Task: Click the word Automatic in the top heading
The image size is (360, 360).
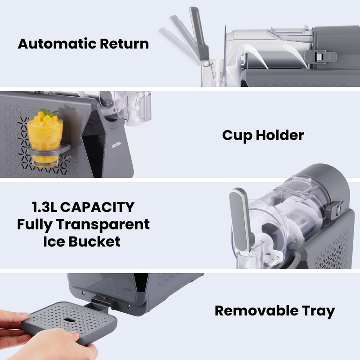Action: [x=57, y=44]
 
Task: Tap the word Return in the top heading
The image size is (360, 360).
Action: [x=125, y=44]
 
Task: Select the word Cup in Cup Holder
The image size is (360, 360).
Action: [x=237, y=135]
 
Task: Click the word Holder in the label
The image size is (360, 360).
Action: [x=280, y=135]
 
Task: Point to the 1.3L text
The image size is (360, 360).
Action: [x=45, y=207]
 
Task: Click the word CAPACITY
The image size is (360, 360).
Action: [x=97, y=207]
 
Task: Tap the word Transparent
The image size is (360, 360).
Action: [x=103, y=225]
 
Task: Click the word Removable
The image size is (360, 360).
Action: [x=256, y=310]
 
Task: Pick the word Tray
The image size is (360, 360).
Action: [x=318, y=311]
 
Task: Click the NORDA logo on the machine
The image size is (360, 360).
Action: [x=117, y=144]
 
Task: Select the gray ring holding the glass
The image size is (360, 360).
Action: [x=49, y=150]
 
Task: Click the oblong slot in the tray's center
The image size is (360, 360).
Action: [x=69, y=319]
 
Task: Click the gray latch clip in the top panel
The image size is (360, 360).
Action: [x=320, y=57]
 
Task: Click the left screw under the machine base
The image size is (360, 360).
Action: [x=84, y=293]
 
